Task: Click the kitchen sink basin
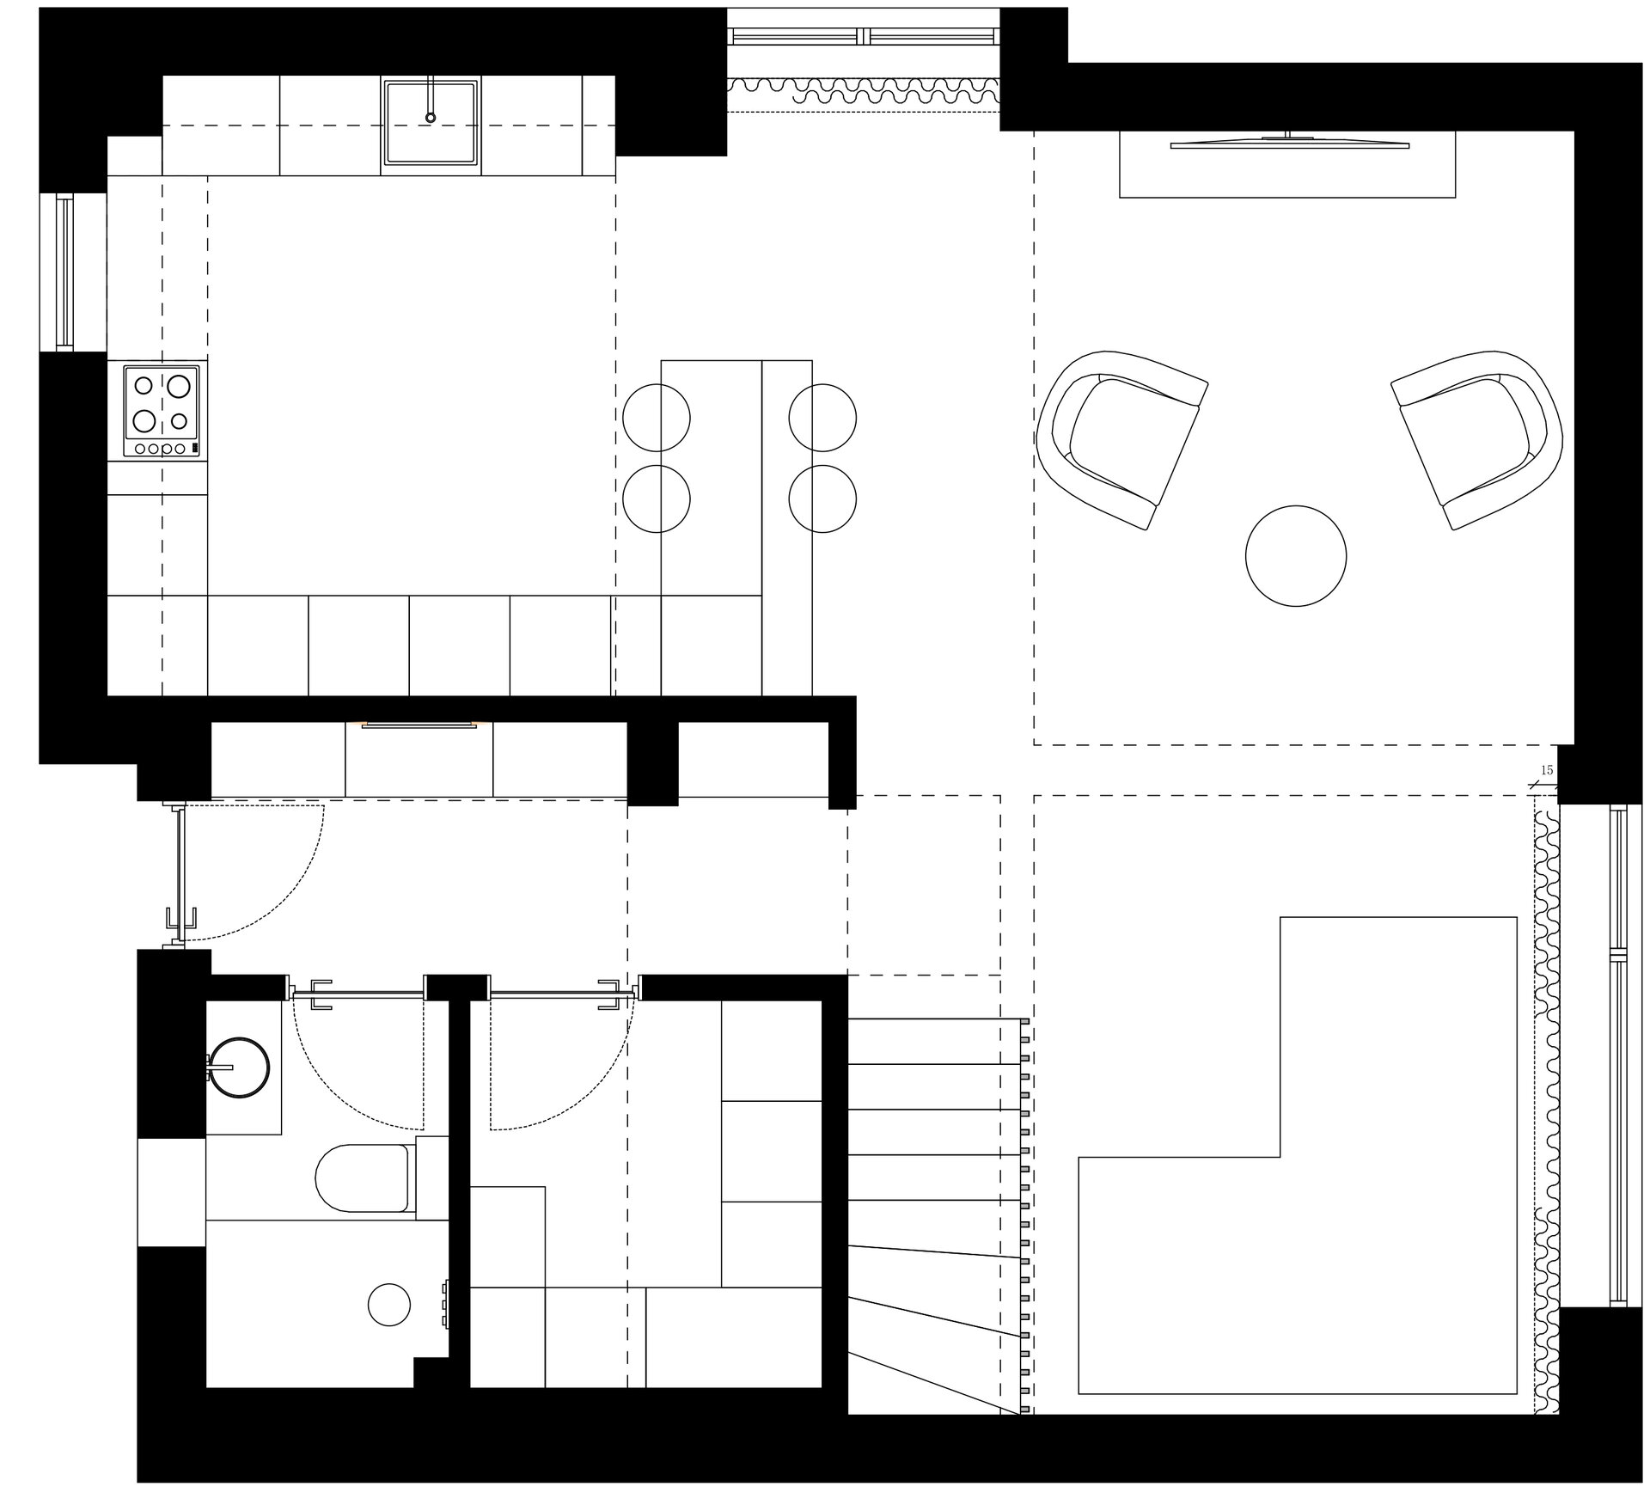click(x=430, y=121)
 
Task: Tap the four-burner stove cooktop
click(x=162, y=411)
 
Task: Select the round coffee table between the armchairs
click(x=1295, y=556)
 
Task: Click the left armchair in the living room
click(x=1121, y=438)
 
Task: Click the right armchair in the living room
click(x=1477, y=438)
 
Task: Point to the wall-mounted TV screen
click(x=1289, y=144)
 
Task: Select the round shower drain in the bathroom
click(x=388, y=1305)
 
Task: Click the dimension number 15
click(x=1546, y=770)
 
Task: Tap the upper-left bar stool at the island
click(x=657, y=418)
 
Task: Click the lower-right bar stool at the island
click(x=822, y=499)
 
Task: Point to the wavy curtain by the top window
click(x=863, y=90)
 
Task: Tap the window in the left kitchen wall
click(x=64, y=271)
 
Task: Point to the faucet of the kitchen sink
click(x=431, y=101)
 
